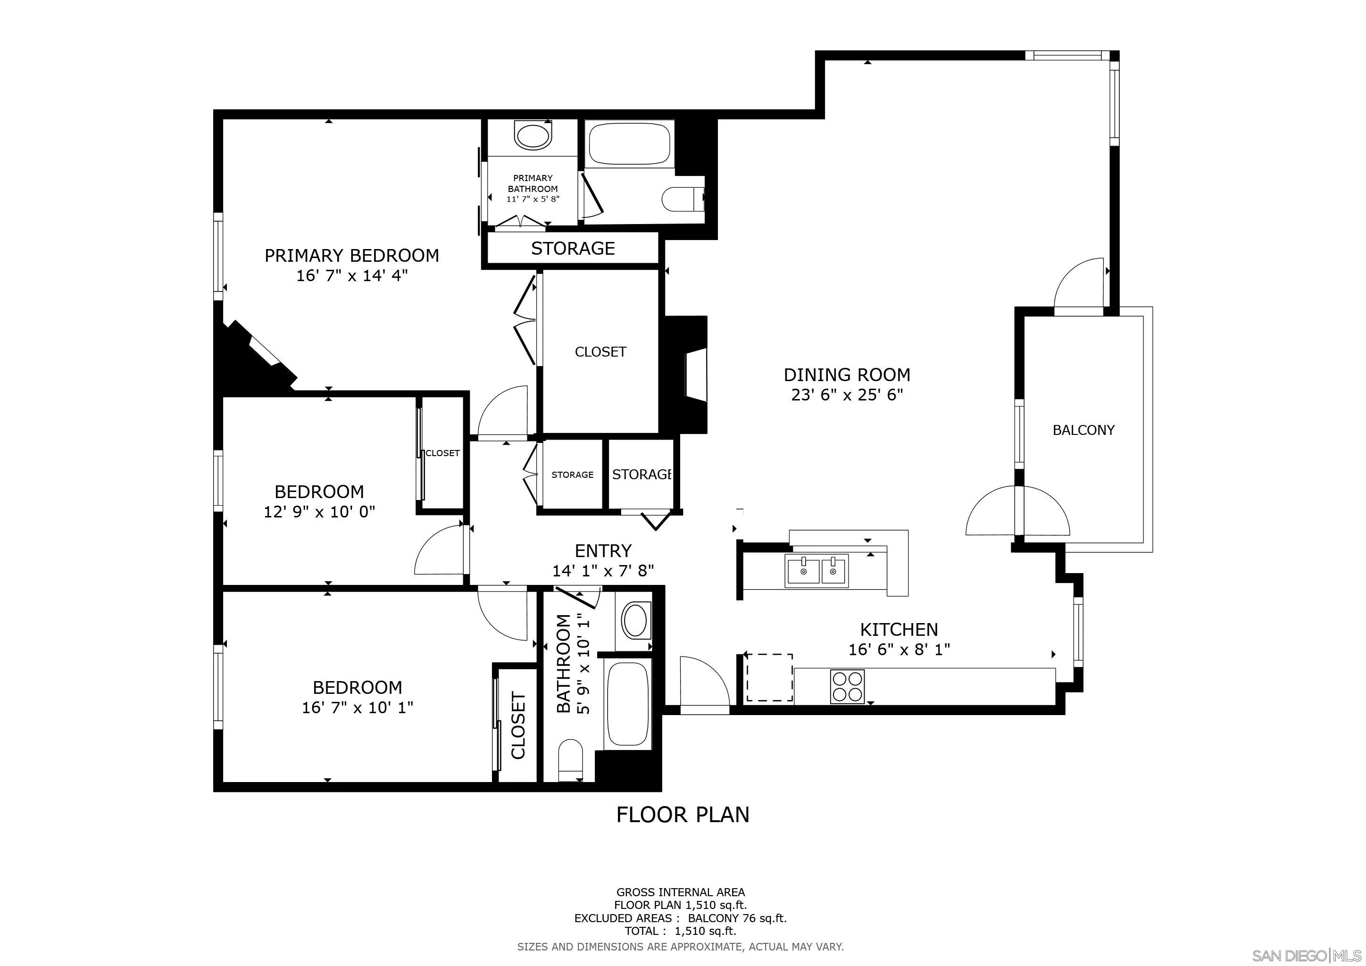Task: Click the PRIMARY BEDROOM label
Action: coord(351,256)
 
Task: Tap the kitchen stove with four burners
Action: coord(847,687)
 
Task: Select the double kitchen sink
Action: coord(816,571)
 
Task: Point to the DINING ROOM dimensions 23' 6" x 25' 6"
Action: coord(847,395)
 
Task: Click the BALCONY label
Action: coord(1083,430)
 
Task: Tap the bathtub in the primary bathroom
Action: coord(629,143)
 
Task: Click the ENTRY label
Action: coord(603,551)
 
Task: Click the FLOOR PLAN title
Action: coord(683,814)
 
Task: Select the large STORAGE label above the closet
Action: coord(572,249)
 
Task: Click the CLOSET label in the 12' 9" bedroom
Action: coord(442,453)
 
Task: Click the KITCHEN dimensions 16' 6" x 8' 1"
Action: coord(899,650)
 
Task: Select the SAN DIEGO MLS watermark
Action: coord(1307,955)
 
